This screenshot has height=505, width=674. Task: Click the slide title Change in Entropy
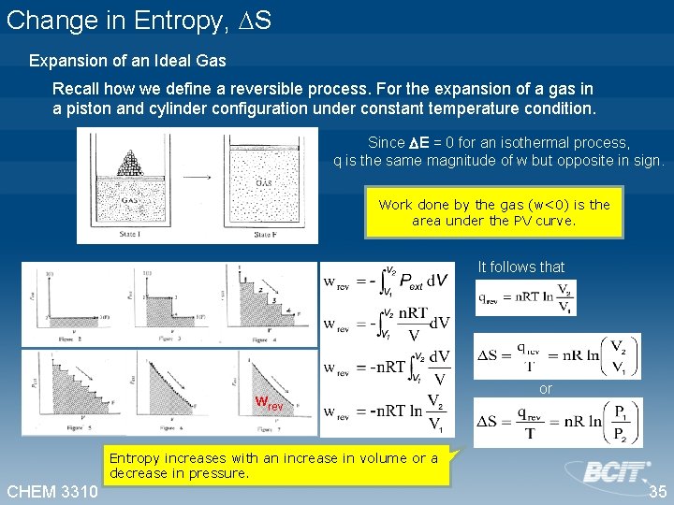[x=139, y=21]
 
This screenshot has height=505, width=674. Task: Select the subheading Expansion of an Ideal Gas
[x=127, y=61]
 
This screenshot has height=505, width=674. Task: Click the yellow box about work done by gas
[x=493, y=212]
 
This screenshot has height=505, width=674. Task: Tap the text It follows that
[x=521, y=267]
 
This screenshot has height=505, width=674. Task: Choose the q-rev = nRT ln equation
[x=526, y=298]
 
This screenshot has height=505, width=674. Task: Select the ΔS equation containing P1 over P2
[x=558, y=422]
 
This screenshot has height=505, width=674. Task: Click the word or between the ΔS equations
[x=546, y=388]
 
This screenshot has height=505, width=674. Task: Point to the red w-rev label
[x=270, y=405]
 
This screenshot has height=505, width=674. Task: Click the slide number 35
[x=658, y=492]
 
